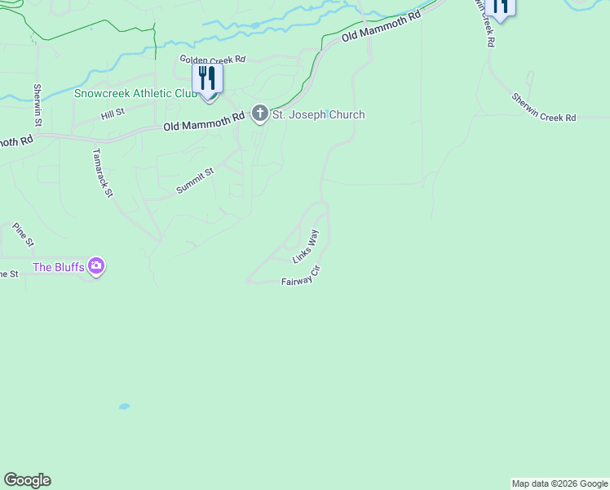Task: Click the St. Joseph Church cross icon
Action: click(260, 114)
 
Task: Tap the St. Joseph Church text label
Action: click(318, 115)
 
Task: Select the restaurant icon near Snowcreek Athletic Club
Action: click(207, 78)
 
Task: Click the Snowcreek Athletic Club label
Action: click(135, 93)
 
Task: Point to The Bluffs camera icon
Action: click(97, 265)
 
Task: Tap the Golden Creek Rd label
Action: click(213, 60)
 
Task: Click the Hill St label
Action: click(113, 114)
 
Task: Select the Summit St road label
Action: click(195, 181)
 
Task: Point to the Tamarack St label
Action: click(102, 172)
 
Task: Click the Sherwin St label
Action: click(38, 105)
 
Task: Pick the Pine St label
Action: click(24, 235)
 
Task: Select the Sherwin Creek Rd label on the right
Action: click(544, 107)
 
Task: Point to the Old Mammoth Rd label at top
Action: click(381, 27)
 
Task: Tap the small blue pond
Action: click(124, 406)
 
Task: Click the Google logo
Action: click(27, 480)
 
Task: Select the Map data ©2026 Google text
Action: click(559, 483)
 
